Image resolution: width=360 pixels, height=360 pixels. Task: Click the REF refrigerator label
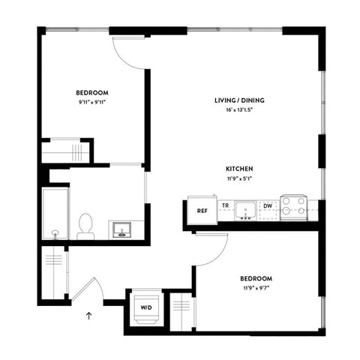(202, 211)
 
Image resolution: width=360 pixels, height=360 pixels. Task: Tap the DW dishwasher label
(268, 205)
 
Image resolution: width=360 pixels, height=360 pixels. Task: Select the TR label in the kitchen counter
(224, 205)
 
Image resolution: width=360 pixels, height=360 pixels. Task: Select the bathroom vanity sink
(121, 228)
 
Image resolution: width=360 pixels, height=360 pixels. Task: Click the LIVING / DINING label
(239, 100)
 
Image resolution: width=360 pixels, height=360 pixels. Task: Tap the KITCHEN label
(239, 169)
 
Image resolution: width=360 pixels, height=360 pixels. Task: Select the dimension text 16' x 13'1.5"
(239, 110)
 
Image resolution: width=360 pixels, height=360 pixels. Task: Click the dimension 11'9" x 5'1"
(239, 178)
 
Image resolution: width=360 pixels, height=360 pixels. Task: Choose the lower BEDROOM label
(255, 277)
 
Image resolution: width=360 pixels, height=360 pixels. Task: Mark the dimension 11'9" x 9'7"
(255, 287)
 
